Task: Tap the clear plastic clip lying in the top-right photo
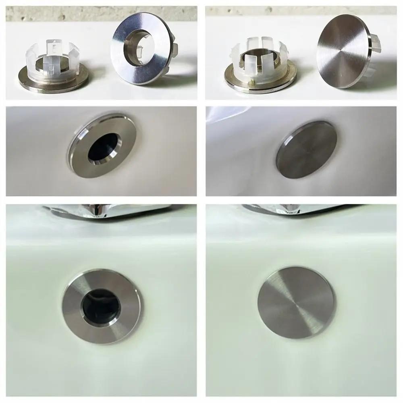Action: (258, 56)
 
